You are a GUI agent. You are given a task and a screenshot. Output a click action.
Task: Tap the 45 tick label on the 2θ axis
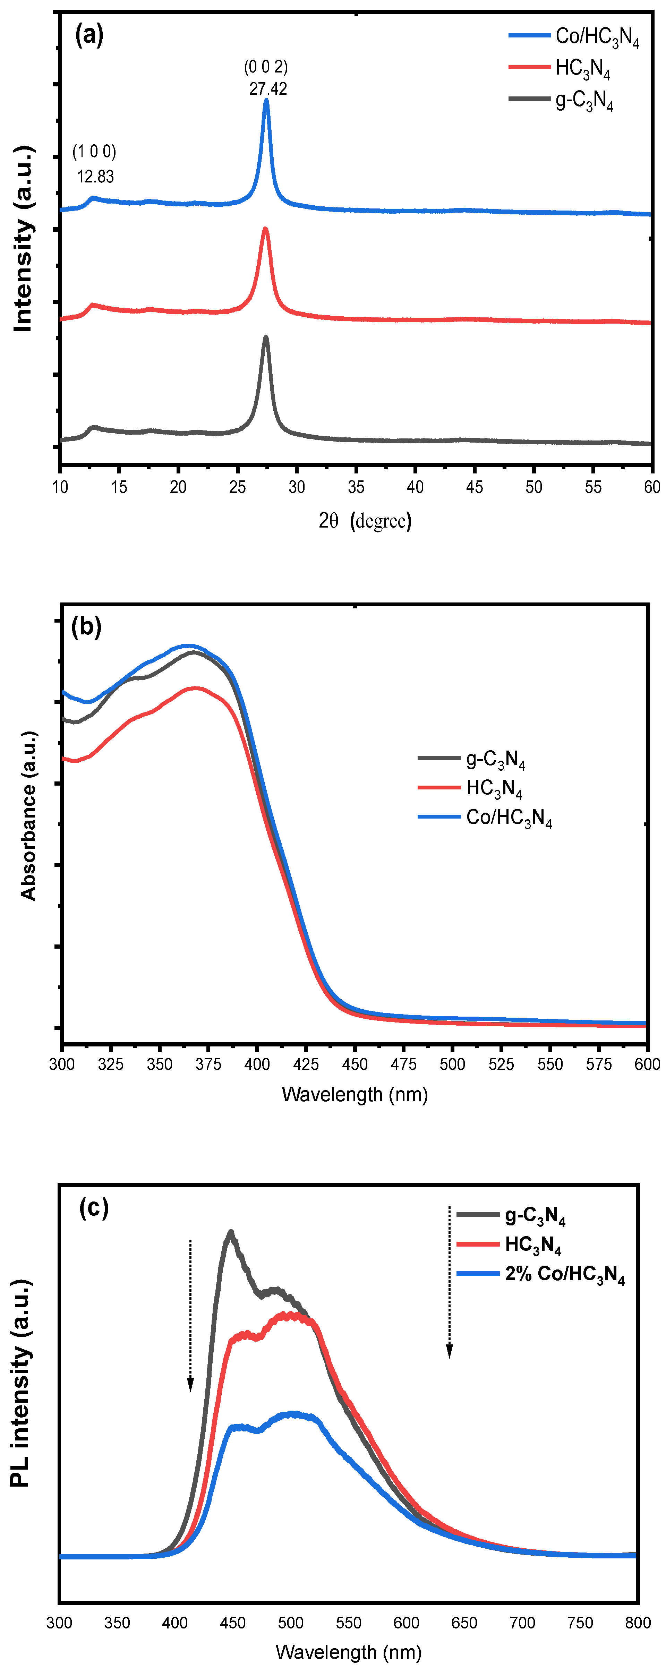coord(474,487)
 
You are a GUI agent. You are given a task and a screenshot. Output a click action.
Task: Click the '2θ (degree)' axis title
coord(365,521)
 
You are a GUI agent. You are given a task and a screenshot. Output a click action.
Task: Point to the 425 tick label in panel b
coord(306,1064)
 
